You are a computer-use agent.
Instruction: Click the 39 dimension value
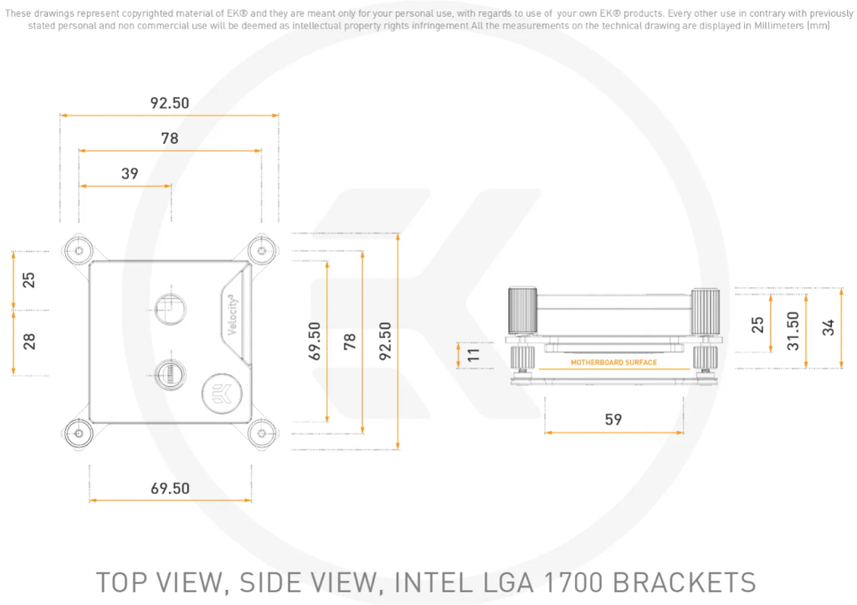point(130,174)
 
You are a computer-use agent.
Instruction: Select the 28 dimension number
point(29,341)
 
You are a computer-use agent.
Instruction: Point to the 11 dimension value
point(475,354)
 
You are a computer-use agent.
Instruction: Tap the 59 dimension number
point(613,419)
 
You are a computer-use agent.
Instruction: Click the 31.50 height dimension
point(792,330)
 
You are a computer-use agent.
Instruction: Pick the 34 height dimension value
point(828,328)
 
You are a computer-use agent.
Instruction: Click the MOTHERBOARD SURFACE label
point(613,362)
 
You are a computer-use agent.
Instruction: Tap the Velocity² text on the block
point(235,311)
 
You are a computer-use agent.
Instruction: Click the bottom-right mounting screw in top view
point(262,433)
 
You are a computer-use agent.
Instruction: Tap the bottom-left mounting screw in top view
point(78,433)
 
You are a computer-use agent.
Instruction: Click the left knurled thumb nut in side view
point(521,312)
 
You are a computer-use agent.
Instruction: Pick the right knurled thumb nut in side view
point(706,312)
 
